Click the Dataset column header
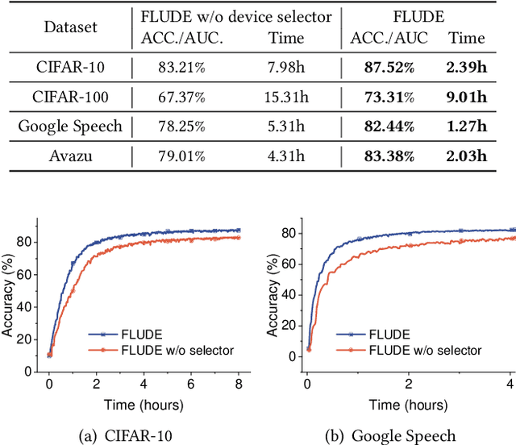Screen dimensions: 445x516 click(x=69, y=27)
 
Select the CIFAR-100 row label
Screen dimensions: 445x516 click(x=69, y=98)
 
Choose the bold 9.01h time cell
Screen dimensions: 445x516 click(x=467, y=98)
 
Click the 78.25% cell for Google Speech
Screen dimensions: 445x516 click(x=172, y=126)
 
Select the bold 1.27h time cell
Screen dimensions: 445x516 click(x=467, y=126)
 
